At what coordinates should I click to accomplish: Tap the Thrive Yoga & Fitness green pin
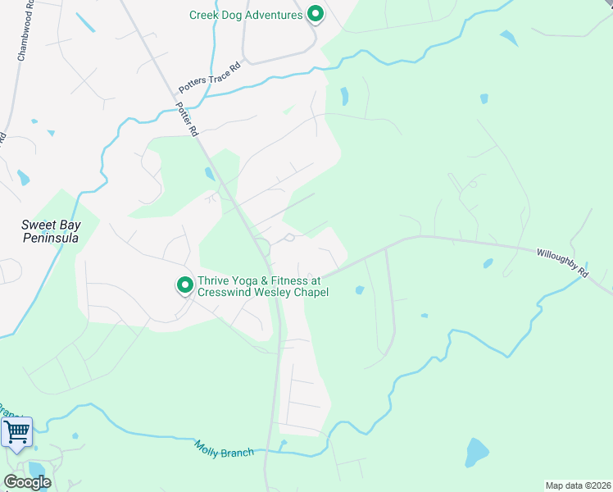pos(185,285)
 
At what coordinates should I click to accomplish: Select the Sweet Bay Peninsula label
pos(50,230)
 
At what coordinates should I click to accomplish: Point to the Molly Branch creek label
pos(224,449)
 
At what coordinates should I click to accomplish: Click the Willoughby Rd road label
pos(562,263)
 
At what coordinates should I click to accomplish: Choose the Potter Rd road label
pos(187,120)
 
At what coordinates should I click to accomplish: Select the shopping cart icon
pos(17,431)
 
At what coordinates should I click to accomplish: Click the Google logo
pos(27,482)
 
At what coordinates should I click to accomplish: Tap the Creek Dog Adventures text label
pos(246,15)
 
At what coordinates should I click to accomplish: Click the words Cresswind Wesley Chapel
pos(258,293)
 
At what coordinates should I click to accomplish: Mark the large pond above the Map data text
pos(476,452)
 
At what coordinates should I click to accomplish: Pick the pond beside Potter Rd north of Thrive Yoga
pos(210,174)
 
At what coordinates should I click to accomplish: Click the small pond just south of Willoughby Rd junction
pos(358,289)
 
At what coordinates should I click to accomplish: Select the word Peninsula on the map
pos(50,238)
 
